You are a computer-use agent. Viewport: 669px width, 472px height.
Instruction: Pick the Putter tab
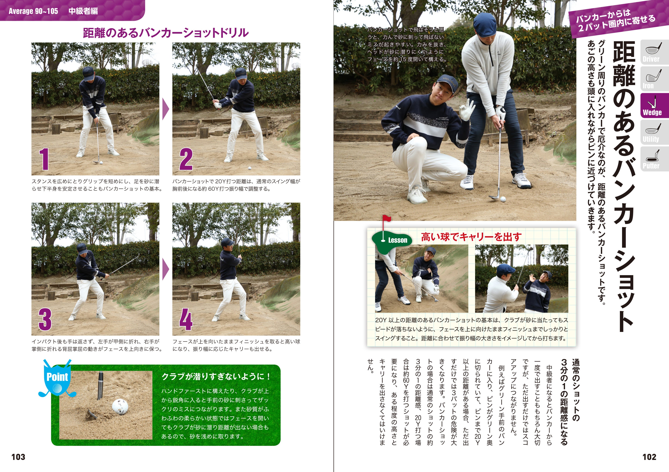654,159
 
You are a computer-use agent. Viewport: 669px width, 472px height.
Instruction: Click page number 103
18,457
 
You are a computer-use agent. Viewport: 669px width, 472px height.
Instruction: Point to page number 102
650,457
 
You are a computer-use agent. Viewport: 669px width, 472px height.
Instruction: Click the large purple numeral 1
44,159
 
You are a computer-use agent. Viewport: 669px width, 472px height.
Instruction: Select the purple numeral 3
45,320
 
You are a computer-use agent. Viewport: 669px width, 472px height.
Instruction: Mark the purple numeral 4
186,320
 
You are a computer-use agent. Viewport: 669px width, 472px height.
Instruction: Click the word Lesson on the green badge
398,240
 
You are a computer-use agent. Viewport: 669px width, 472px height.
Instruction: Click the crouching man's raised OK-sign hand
466,110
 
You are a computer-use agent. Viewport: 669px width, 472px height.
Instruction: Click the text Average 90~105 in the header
33,11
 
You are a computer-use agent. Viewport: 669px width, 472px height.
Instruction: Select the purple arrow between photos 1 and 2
165,109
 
